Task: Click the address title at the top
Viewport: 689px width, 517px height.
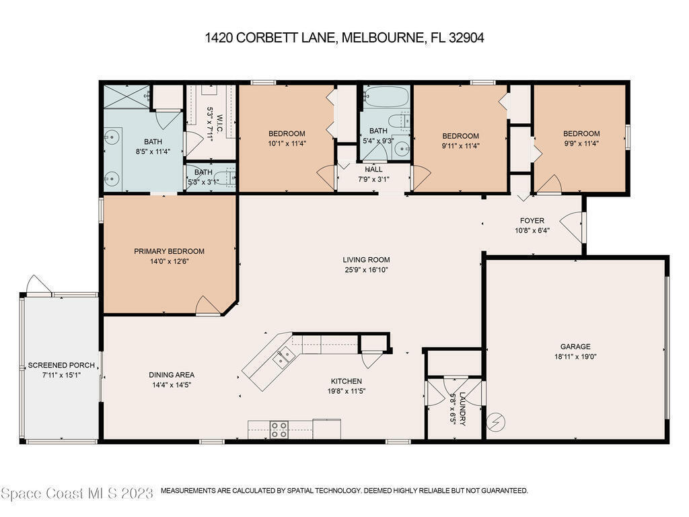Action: point(344,38)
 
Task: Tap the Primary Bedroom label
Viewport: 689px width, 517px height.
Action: point(169,252)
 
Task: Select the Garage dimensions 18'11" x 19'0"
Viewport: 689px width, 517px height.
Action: point(575,357)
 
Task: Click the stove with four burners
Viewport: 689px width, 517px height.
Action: point(279,430)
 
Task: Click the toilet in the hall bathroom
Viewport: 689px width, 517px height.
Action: point(398,121)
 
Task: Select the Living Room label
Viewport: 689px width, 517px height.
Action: point(367,260)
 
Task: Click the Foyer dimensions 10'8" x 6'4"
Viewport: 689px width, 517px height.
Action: point(532,230)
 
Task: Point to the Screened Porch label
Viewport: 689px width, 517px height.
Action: point(61,366)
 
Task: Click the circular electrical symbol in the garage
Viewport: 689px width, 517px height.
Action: point(496,423)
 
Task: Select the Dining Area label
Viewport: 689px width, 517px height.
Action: point(172,375)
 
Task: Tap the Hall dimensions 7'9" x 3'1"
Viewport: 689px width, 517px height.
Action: point(373,179)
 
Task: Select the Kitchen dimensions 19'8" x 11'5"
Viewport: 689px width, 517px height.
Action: point(347,391)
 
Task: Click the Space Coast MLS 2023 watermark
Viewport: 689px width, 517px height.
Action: point(77,493)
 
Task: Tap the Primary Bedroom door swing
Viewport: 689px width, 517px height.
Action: point(207,306)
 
